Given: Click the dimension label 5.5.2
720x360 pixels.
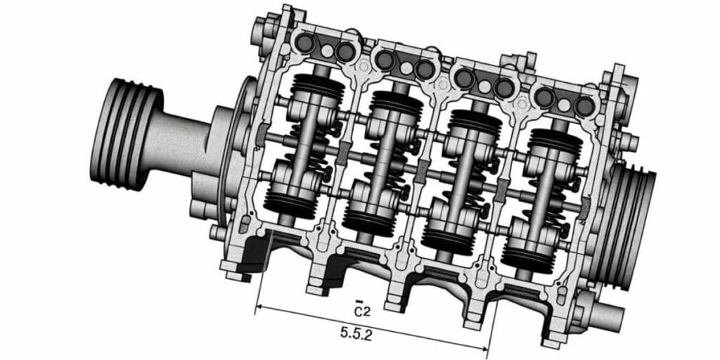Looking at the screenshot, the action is coord(356,333).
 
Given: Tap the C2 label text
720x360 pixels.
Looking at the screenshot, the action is coord(362,311).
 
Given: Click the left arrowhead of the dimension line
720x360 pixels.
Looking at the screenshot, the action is coord(259,306).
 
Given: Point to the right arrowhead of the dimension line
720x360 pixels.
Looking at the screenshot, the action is coord(487,347).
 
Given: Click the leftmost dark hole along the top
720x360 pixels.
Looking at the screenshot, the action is coord(304,43).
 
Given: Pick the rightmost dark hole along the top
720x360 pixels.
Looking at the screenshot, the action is coord(584,107).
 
